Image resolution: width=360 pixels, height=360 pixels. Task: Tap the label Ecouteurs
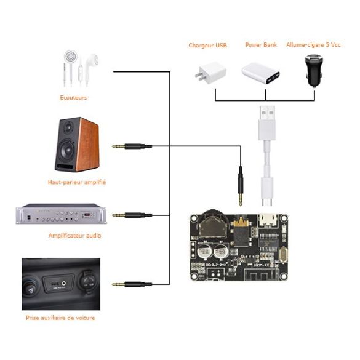[73, 97]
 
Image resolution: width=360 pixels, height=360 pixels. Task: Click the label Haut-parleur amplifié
[77, 182]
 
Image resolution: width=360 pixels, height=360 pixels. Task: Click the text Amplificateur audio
[74, 236]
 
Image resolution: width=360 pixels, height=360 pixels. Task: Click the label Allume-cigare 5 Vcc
[313, 45]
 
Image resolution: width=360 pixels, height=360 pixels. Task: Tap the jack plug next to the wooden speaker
[132, 146]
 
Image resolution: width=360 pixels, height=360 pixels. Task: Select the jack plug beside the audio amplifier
[132, 215]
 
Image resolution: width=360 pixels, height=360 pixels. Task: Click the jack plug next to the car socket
[132, 284]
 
